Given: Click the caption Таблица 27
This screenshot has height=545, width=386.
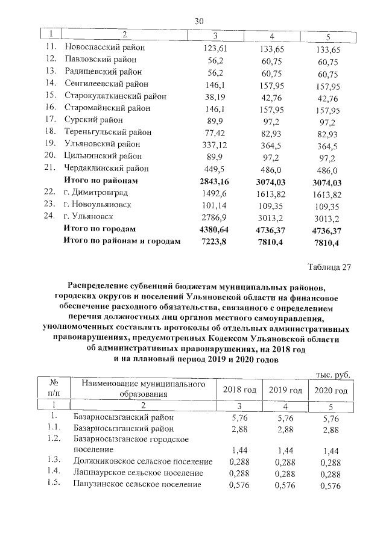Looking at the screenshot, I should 329,267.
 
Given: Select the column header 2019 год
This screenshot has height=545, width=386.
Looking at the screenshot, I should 285,390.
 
